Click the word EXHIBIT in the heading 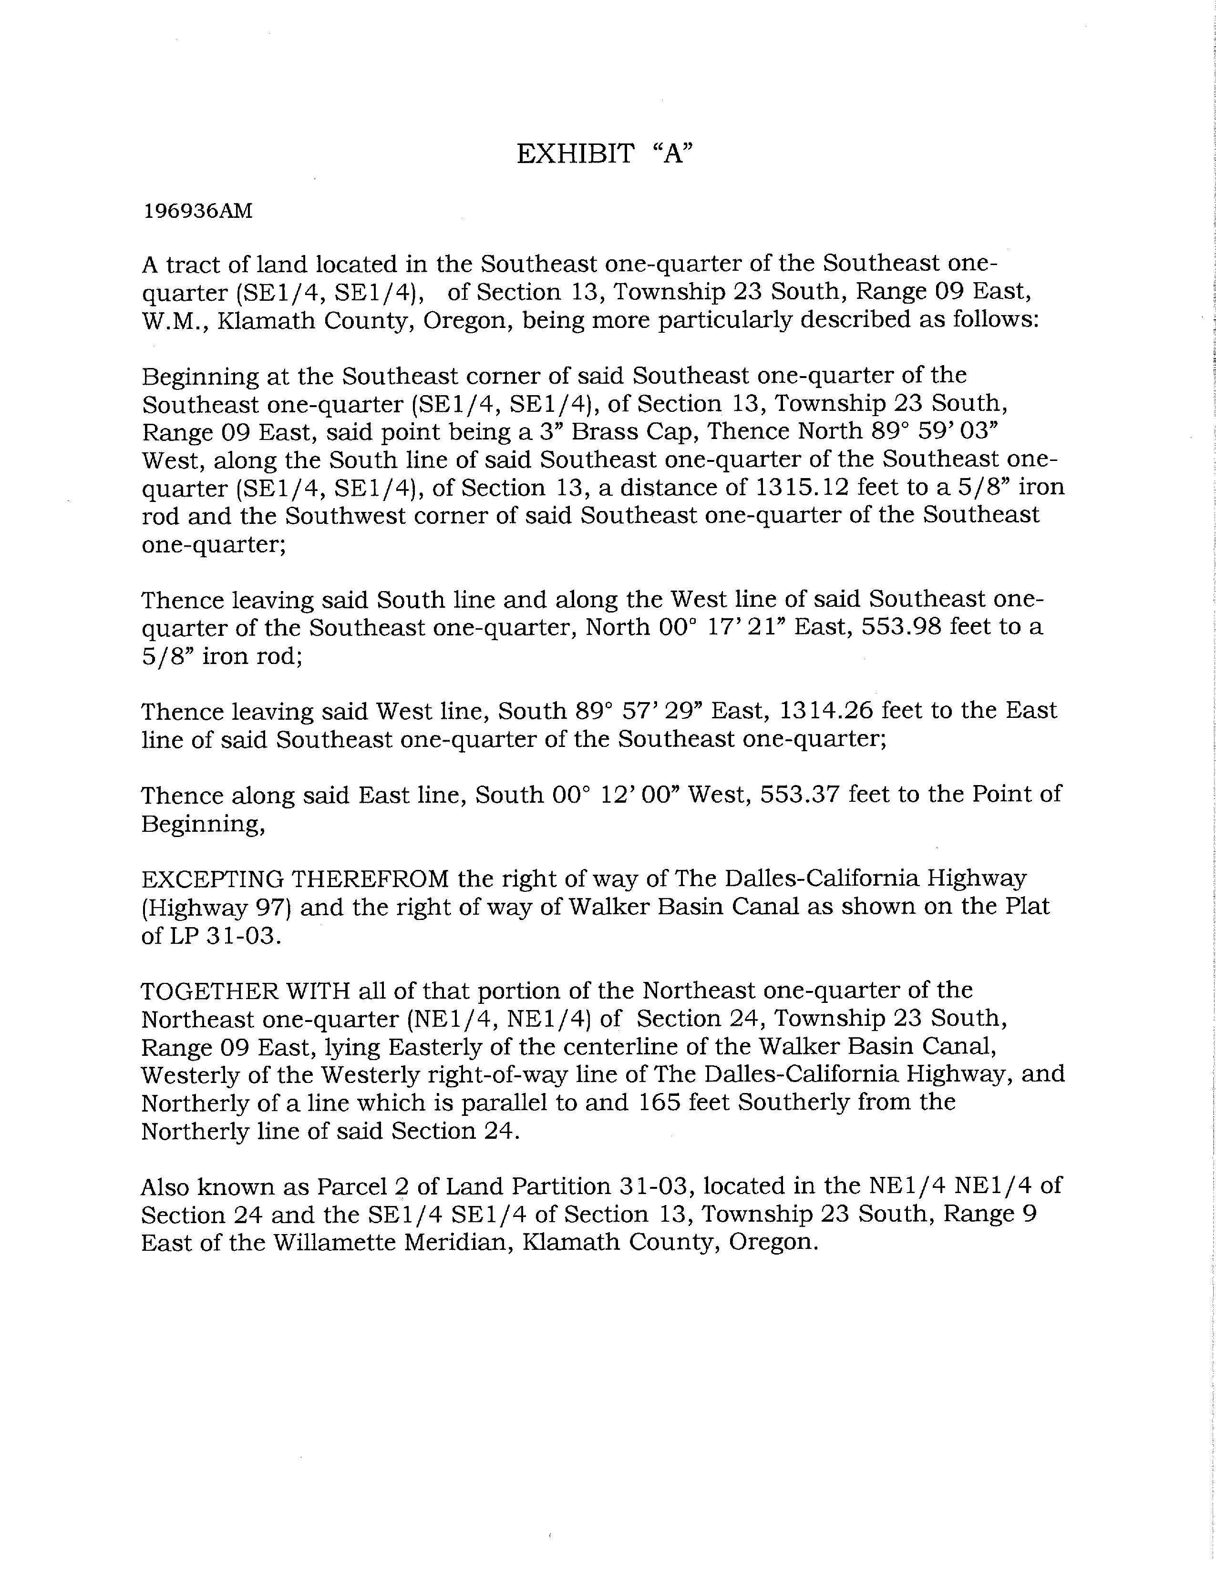[x=575, y=154]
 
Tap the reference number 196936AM [x=198, y=211]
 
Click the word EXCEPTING [x=213, y=878]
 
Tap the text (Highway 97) [x=216, y=907]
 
